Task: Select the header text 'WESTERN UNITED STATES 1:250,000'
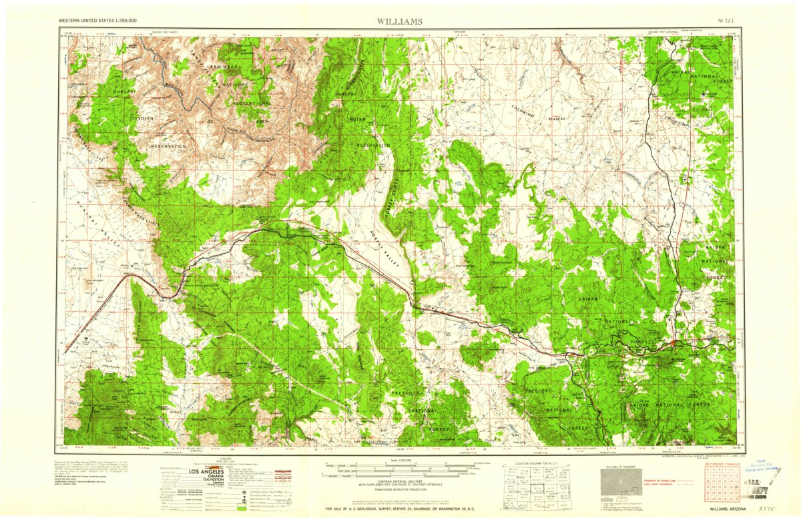[97, 21]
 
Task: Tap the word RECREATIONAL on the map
[252, 103]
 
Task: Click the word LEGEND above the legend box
[228, 460]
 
